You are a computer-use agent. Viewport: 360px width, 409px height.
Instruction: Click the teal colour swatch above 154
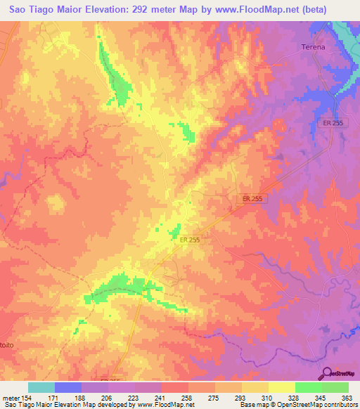tap(41, 387)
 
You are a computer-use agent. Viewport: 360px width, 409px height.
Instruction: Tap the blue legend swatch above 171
tap(68, 387)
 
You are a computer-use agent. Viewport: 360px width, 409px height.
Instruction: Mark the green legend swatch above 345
tap(308, 387)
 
